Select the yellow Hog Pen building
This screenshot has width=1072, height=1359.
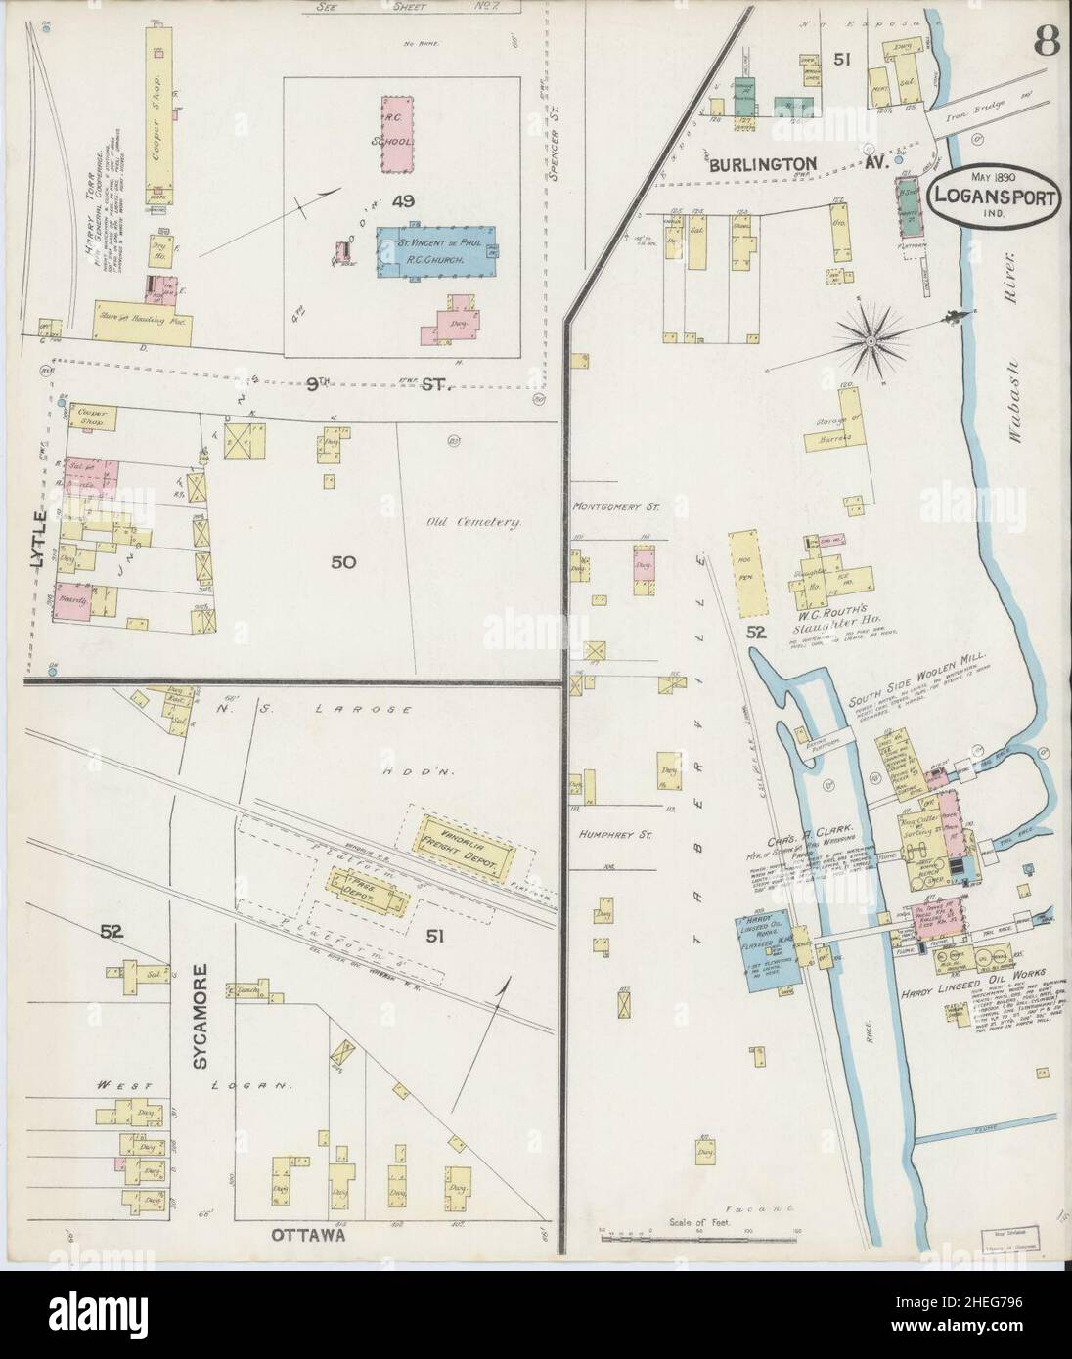751,575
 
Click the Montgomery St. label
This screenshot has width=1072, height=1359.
611,507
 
